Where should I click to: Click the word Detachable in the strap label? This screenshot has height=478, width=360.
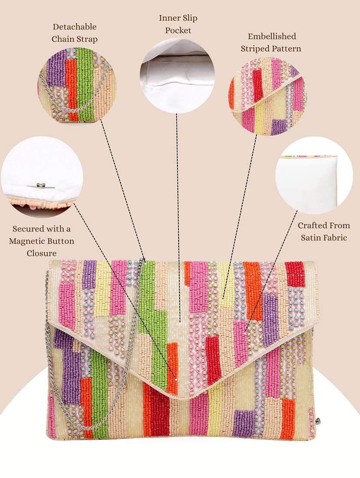74,27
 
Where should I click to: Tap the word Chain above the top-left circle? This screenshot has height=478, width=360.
62,39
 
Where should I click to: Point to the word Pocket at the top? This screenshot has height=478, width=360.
178,30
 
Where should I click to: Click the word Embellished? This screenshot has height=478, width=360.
272,36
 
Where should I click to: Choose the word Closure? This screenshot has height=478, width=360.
42,253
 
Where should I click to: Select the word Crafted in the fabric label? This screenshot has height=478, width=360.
311,226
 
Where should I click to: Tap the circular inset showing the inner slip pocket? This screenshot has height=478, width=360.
177,76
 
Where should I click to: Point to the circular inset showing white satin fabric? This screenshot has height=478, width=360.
314,175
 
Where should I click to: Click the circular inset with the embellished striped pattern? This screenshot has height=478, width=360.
268,96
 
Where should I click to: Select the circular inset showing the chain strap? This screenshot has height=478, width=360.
77,85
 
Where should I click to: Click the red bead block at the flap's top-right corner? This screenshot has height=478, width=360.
295,274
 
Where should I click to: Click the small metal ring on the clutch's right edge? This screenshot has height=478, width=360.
318,421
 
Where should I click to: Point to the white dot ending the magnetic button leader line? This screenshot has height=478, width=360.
176,380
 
